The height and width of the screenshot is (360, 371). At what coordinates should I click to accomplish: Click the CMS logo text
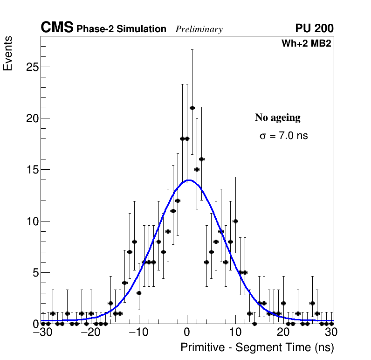tap(57, 28)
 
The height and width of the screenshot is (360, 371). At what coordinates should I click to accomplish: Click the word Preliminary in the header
tap(199, 29)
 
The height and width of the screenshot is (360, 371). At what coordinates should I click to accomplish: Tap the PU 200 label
tap(314, 28)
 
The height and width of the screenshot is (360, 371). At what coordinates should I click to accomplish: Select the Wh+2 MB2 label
tap(306, 44)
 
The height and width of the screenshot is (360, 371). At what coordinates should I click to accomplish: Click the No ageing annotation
tap(277, 118)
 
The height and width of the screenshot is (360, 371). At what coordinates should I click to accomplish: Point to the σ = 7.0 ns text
tap(284, 136)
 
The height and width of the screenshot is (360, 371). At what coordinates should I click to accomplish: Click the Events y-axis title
tap(8, 54)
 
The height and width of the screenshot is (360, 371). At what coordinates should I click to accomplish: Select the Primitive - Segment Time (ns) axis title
tap(257, 347)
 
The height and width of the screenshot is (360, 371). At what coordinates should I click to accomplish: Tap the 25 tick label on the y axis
tap(31, 67)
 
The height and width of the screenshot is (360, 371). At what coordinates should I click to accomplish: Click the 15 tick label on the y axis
tap(31, 170)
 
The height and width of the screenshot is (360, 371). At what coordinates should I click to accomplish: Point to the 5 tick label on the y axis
tap(34, 272)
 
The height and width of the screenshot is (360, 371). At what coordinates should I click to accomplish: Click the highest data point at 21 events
tap(192, 108)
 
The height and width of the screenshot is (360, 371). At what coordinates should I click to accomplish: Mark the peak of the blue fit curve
tap(189, 180)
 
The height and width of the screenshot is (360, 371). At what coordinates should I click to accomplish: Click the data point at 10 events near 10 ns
tap(235, 221)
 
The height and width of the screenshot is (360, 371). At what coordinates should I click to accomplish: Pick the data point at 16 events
tap(202, 159)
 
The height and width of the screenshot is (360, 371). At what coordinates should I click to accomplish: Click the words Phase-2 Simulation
tap(121, 29)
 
